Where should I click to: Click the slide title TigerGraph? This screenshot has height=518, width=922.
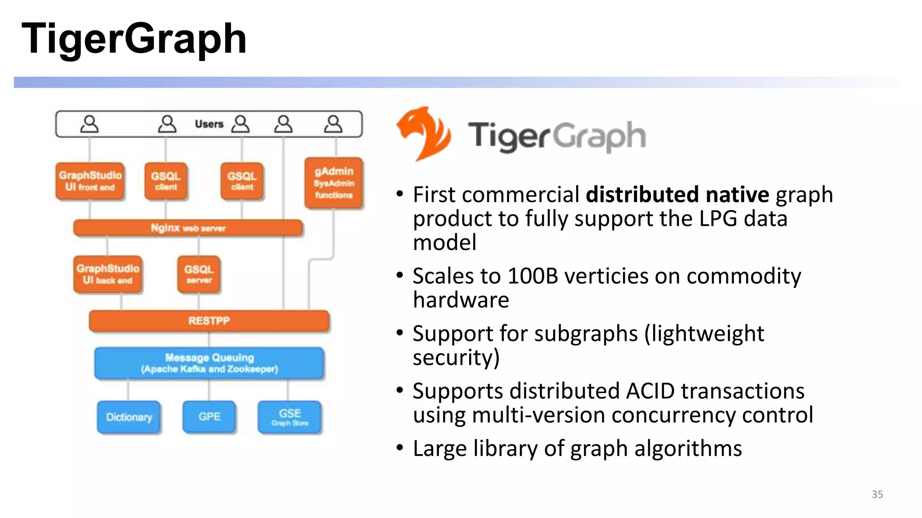(x=134, y=40)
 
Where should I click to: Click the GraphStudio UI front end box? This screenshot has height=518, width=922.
(x=90, y=181)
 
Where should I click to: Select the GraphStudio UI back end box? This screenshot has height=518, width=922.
(x=108, y=274)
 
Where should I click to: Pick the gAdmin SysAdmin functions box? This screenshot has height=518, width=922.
(x=334, y=183)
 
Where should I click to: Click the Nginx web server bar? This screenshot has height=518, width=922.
(x=188, y=228)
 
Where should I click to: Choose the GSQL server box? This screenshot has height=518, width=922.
(x=199, y=274)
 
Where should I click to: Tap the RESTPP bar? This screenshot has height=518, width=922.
(x=209, y=321)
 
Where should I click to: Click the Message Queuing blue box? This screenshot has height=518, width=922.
(x=209, y=363)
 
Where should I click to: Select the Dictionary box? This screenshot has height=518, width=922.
(x=129, y=417)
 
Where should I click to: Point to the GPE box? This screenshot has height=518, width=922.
(x=209, y=417)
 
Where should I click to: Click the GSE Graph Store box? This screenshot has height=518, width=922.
(x=289, y=417)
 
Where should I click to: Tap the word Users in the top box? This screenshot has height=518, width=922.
(x=209, y=124)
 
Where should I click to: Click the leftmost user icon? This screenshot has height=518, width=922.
(x=90, y=124)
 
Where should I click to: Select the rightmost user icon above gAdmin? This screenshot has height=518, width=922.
(x=333, y=124)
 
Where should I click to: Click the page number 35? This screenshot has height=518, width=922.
(x=877, y=494)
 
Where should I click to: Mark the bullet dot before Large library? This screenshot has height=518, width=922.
(x=400, y=448)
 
